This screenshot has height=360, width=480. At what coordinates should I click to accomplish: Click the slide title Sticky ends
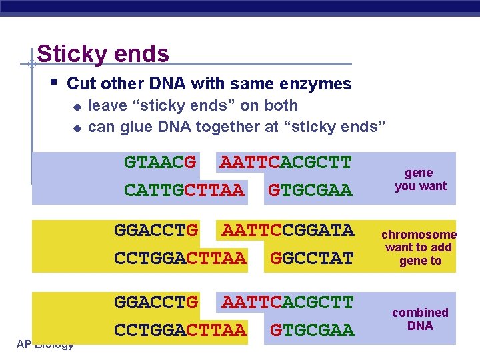click(103, 53)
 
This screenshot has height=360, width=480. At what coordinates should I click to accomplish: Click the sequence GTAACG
click(160, 162)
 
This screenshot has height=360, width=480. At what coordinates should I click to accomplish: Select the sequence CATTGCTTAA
click(185, 190)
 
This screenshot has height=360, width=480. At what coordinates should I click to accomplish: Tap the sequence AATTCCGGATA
click(287, 231)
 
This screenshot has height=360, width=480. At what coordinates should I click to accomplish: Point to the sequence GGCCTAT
click(312, 258)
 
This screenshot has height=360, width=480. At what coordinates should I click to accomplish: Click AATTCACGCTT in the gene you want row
click(285, 162)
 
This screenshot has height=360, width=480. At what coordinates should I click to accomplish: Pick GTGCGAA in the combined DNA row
click(312, 330)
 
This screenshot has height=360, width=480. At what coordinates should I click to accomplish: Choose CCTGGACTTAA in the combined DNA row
click(180, 330)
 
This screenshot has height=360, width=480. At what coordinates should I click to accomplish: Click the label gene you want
click(420, 179)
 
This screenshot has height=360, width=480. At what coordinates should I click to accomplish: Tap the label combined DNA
click(420, 319)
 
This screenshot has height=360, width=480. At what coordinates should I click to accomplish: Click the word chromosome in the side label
click(419, 235)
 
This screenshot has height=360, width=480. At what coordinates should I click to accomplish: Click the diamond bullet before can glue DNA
click(77, 127)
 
